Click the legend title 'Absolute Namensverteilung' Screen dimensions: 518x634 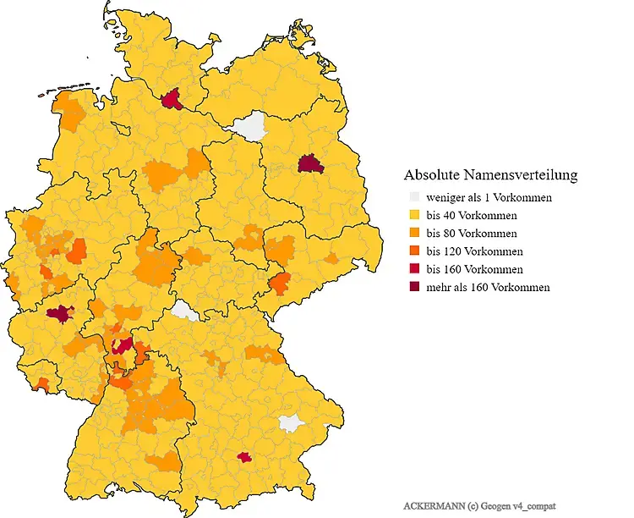[x=490, y=175]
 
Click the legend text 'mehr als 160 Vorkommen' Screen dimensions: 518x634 [x=488, y=287]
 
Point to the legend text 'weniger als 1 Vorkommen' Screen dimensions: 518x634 [x=489, y=197]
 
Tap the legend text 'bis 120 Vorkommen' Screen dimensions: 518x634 [x=474, y=251]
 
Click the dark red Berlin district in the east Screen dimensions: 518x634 [x=310, y=163]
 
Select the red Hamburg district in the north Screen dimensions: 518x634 [x=172, y=100]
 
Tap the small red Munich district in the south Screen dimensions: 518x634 [x=245, y=457]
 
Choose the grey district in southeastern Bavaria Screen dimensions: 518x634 [x=292, y=422]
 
